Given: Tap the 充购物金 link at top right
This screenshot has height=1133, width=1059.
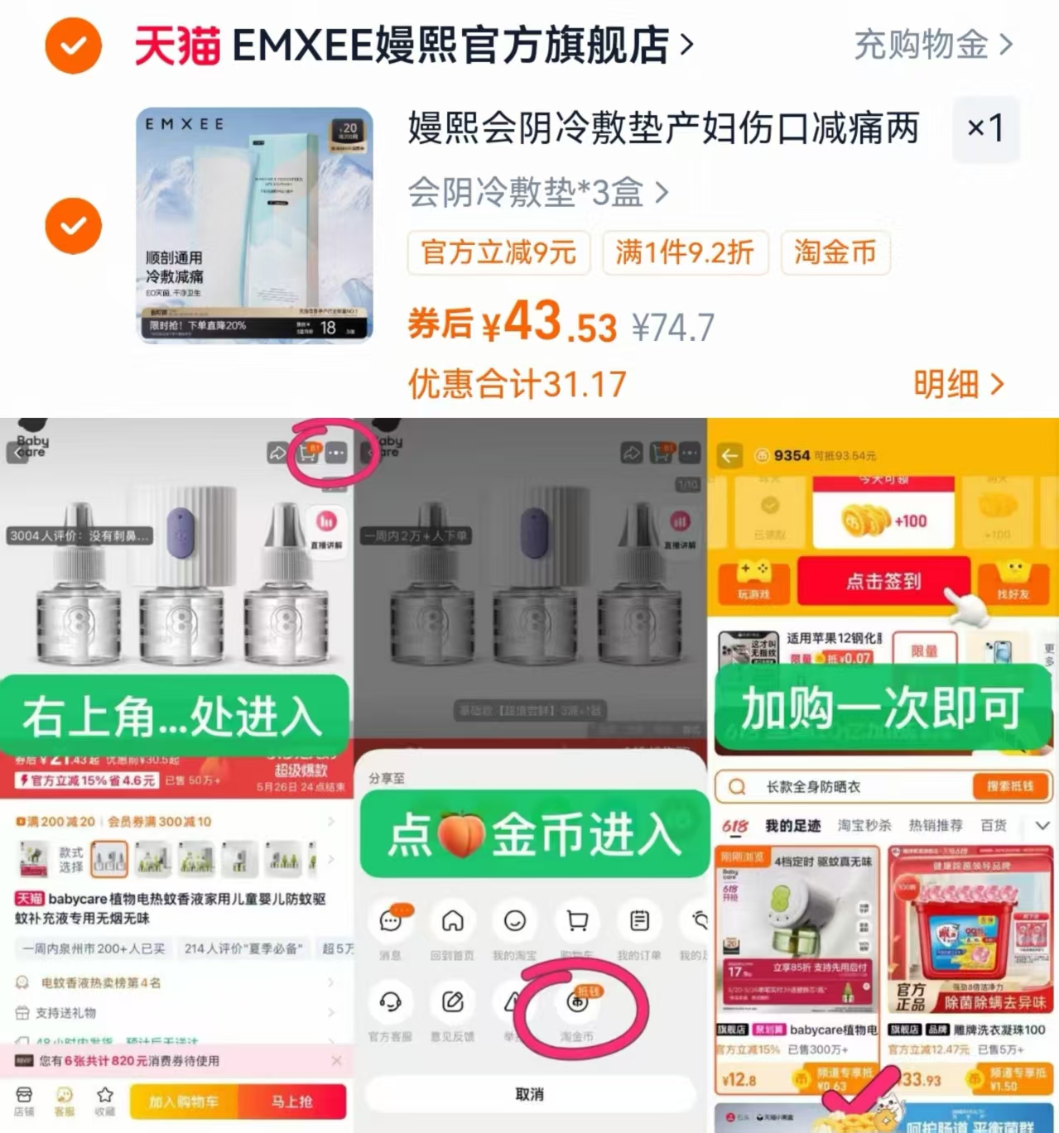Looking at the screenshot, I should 932,45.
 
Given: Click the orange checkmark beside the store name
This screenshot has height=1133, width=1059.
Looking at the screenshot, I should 73,46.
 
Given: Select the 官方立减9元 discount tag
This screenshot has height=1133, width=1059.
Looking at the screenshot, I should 498,252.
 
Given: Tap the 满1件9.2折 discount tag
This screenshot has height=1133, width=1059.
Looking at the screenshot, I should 685,252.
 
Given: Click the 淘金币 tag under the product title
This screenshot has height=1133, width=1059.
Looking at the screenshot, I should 835,252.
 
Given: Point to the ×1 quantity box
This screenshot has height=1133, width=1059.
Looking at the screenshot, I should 985,128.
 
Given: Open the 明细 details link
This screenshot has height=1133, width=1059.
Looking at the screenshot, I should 958,384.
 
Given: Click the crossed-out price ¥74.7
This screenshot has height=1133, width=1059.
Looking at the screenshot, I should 672,328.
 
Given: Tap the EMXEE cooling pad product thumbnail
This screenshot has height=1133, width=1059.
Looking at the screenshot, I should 254,224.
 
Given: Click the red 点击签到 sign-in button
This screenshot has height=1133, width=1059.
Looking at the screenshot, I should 883,581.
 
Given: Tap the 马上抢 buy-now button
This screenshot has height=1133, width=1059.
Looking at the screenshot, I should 291,1102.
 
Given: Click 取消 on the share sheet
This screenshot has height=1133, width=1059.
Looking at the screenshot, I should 530,1094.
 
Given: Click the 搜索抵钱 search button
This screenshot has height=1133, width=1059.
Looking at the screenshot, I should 1009,786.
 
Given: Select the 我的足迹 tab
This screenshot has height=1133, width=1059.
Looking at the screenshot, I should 792,825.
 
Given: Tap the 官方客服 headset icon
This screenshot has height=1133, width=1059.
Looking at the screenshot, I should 390,1003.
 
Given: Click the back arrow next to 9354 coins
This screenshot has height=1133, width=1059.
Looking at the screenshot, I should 729,455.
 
